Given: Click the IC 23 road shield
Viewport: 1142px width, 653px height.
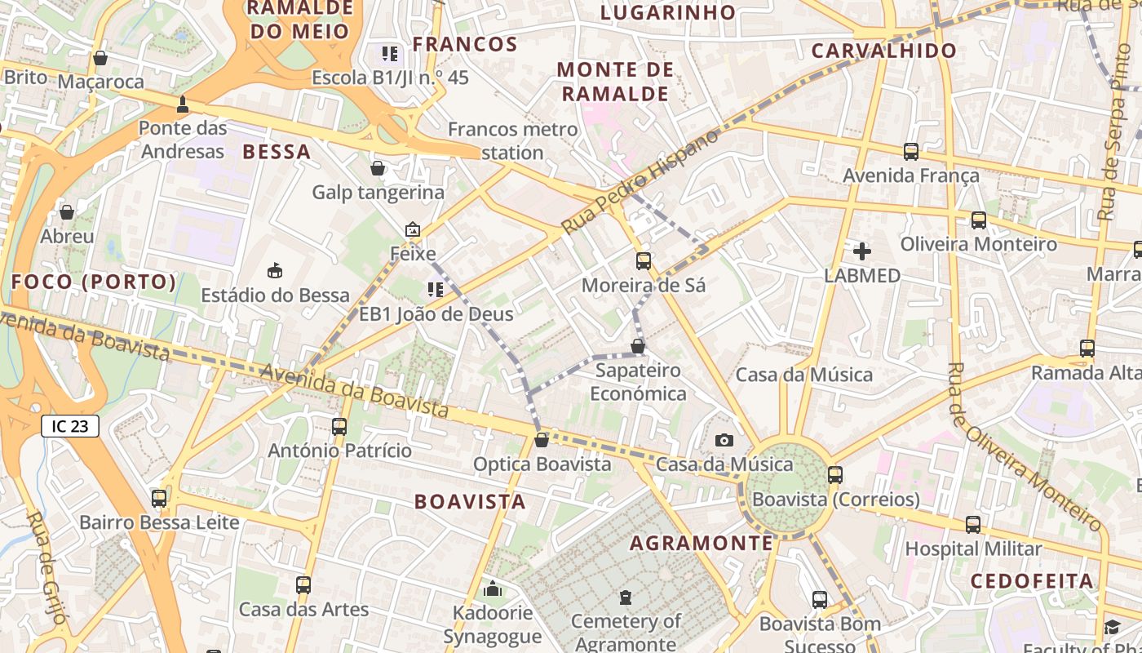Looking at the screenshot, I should point(70,425).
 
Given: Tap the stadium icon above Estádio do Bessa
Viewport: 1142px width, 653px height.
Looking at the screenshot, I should point(275,271).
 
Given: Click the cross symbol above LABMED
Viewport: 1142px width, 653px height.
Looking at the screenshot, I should point(861,251).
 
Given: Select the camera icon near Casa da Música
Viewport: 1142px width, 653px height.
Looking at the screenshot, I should point(724,441).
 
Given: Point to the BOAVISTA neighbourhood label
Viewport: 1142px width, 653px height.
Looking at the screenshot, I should point(470,501).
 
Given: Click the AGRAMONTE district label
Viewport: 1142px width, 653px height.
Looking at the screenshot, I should point(702,543).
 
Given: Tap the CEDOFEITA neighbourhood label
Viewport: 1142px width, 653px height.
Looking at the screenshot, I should point(1032,581).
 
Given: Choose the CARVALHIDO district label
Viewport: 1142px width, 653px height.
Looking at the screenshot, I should point(884,51).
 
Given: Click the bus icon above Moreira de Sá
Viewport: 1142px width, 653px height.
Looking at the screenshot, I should point(644,261).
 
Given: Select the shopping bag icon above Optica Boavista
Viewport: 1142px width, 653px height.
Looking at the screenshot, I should point(541,441).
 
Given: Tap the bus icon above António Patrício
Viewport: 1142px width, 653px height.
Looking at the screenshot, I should point(339,426).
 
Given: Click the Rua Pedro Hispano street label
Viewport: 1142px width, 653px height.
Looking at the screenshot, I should point(641,181).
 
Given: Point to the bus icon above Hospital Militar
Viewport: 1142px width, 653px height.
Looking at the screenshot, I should point(973,525).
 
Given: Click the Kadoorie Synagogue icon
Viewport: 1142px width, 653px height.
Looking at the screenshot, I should point(493,589).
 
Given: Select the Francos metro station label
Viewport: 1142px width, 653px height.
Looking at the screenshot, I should point(496,140).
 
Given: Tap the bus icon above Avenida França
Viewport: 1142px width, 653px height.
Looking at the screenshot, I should point(911,152).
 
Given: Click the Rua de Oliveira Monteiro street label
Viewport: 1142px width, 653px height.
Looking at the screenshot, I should point(1026,446).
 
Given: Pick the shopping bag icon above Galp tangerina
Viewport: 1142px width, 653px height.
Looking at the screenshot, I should point(378,169).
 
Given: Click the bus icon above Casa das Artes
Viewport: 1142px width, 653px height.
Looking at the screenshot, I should point(303,584).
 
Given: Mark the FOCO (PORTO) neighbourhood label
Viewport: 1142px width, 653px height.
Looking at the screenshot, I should point(94,282).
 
